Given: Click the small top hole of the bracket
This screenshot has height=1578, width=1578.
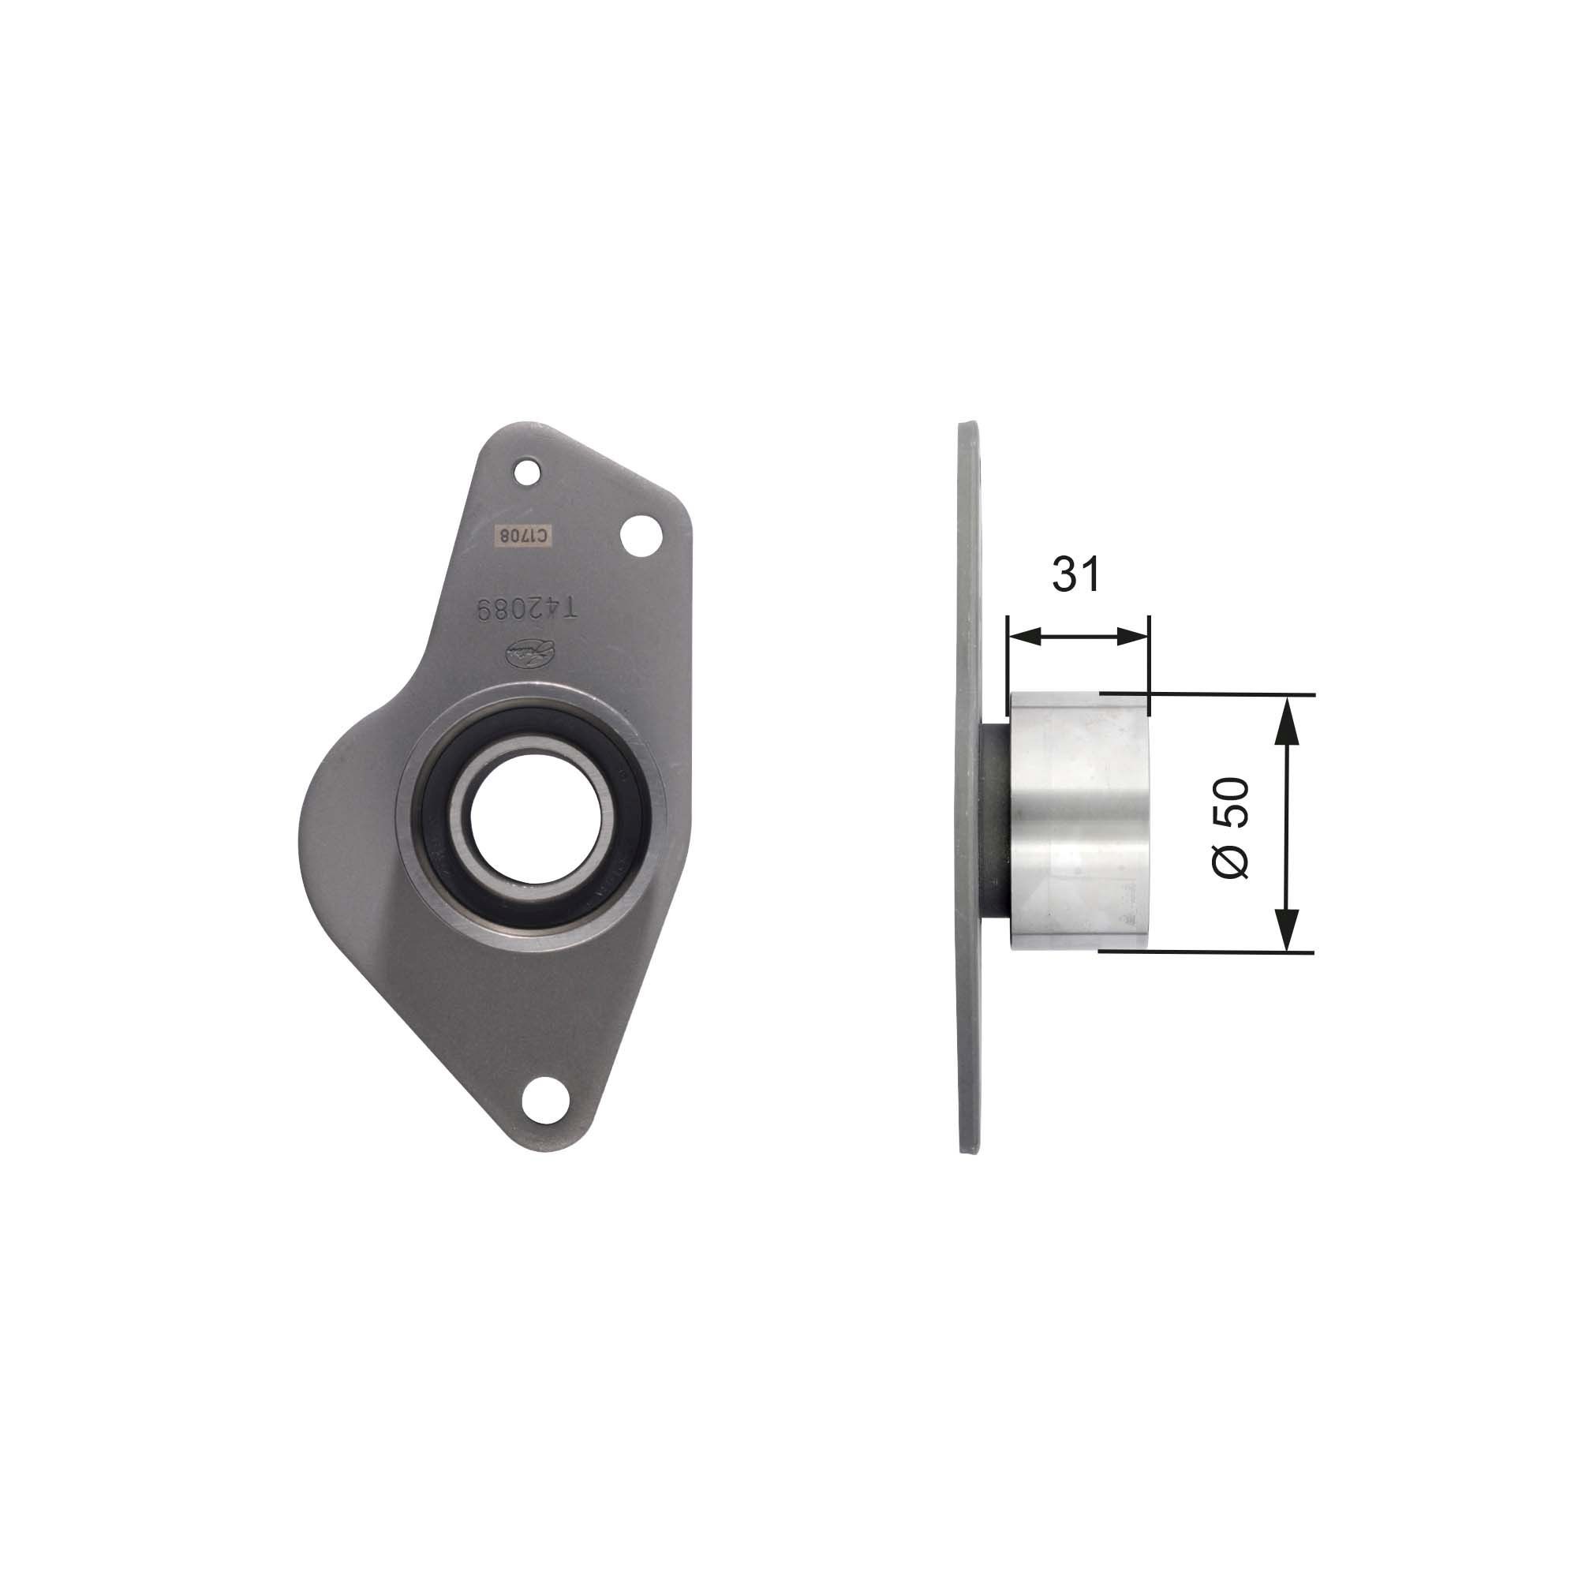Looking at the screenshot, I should click(x=528, y=471).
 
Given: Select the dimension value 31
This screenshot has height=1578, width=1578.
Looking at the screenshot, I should click(x=1075, y=574).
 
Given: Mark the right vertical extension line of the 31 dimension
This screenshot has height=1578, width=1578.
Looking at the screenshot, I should click(x=1148, y=653).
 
